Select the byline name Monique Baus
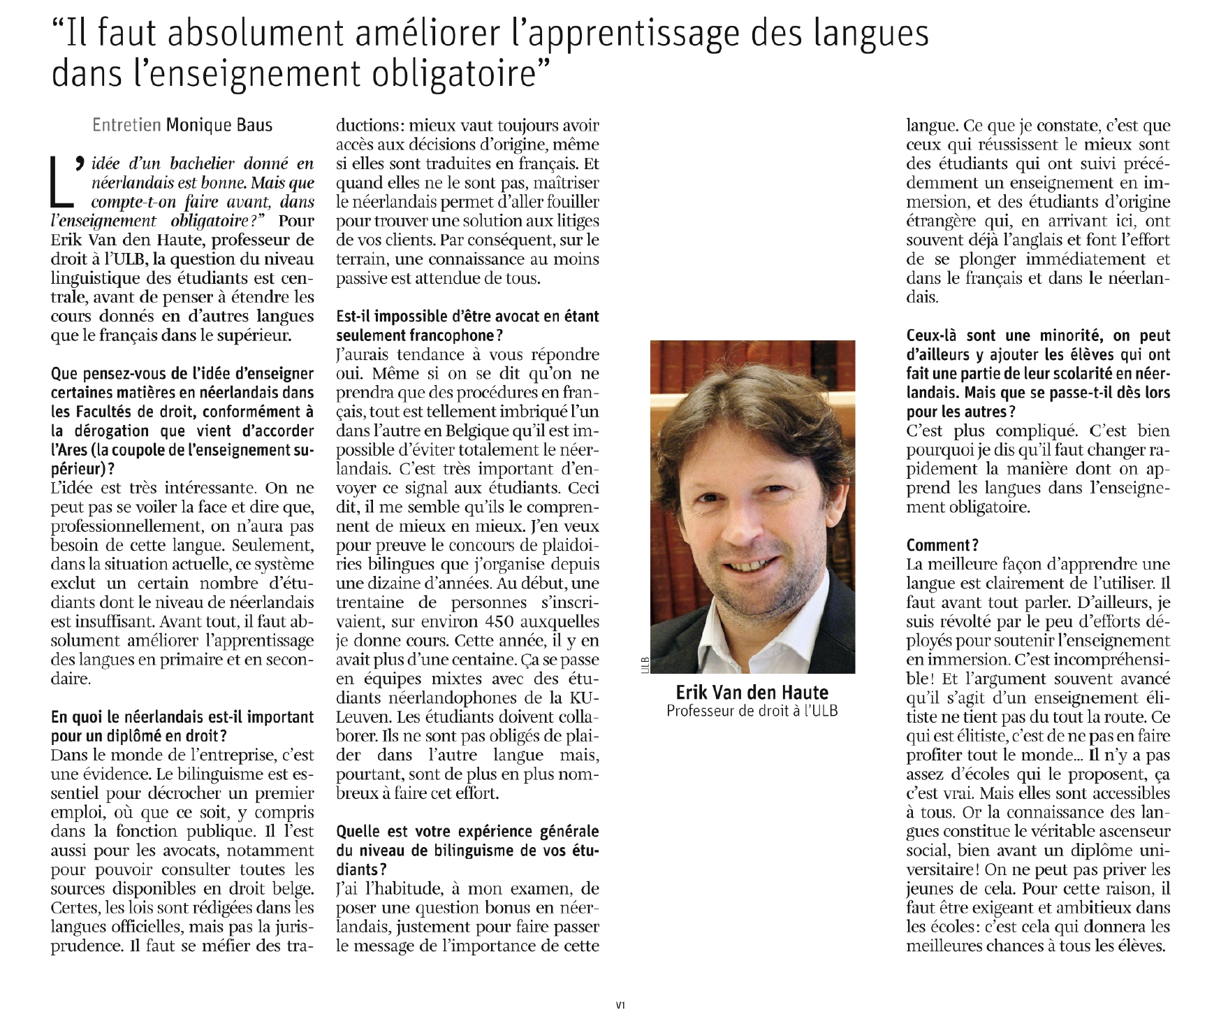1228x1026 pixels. (219, 126)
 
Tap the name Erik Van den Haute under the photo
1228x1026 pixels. (752, 693)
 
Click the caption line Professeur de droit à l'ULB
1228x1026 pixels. (752, 711)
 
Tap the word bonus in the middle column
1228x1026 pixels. (493, 908)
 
